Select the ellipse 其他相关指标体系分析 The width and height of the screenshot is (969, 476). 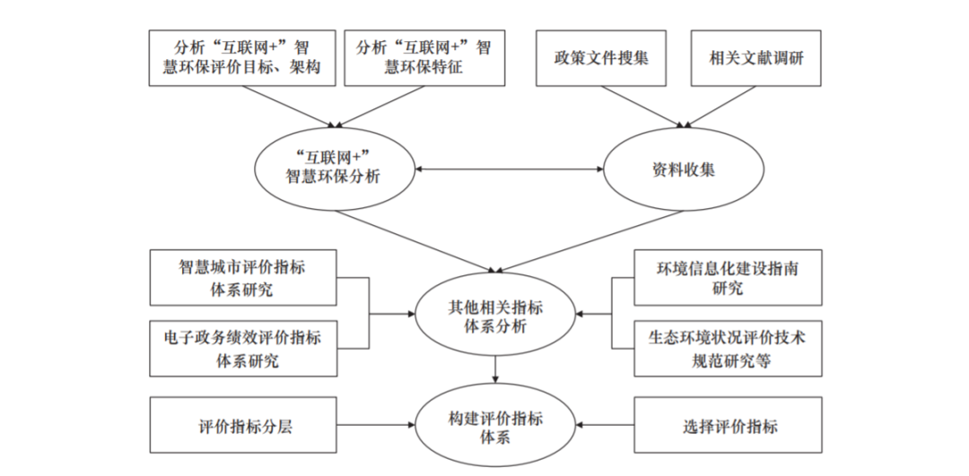(x=495, y=315)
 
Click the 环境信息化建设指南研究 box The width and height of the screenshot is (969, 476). (x=728, y=277)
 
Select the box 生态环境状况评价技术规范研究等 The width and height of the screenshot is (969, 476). (x=728, y=349)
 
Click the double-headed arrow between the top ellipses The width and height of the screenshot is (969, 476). (x=510, y=168)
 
